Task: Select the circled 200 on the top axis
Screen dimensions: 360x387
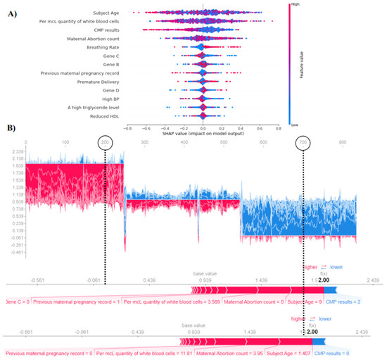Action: pyautogui.click(x=105, y=142)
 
